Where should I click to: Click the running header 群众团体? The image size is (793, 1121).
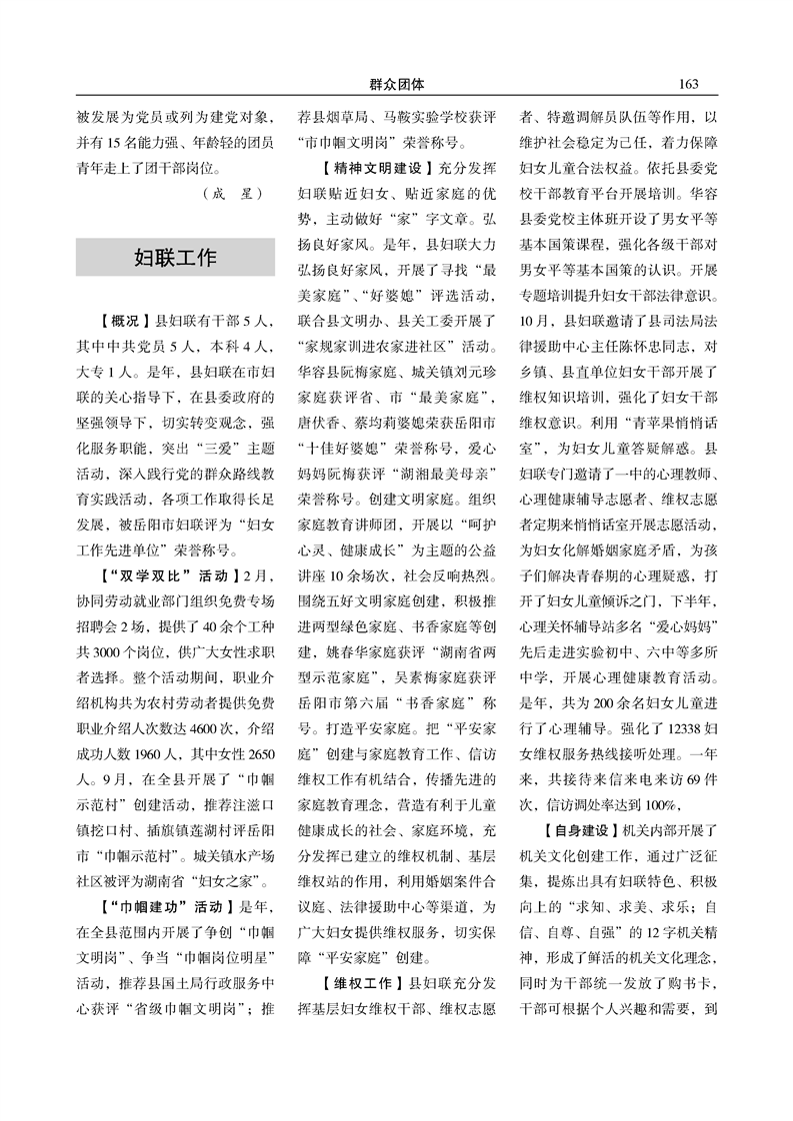[x=396, y=82]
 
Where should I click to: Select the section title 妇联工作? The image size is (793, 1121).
[x=175, y=258]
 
